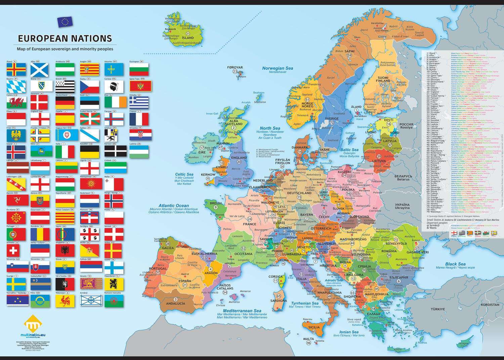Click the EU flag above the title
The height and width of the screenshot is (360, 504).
[65, 22]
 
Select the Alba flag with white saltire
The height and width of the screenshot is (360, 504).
[40, 70]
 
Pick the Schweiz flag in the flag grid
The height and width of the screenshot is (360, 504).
[16, 250]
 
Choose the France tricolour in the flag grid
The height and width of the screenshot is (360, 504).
[139, 119]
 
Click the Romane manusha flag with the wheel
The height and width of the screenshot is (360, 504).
[114, 301]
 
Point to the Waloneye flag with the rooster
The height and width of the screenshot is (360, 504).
[65, 301]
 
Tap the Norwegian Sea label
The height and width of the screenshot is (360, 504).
[278, 68]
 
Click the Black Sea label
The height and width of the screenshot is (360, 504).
[455, 264]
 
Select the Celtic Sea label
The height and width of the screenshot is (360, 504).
[184, 174]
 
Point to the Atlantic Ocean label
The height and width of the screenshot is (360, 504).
[173, 206]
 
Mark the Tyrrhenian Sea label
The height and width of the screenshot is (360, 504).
[304, 303]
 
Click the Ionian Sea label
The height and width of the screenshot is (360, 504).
[348, 332]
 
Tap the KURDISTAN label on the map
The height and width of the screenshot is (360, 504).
[490, 305]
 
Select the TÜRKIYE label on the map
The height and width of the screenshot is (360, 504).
[438, 309]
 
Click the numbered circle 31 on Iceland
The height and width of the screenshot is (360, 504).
[188, 34]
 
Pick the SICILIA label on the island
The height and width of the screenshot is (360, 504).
[314, 327]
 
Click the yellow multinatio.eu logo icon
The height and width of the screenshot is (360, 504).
[33, 324]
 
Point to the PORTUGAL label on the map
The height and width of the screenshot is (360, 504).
[158, 269]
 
